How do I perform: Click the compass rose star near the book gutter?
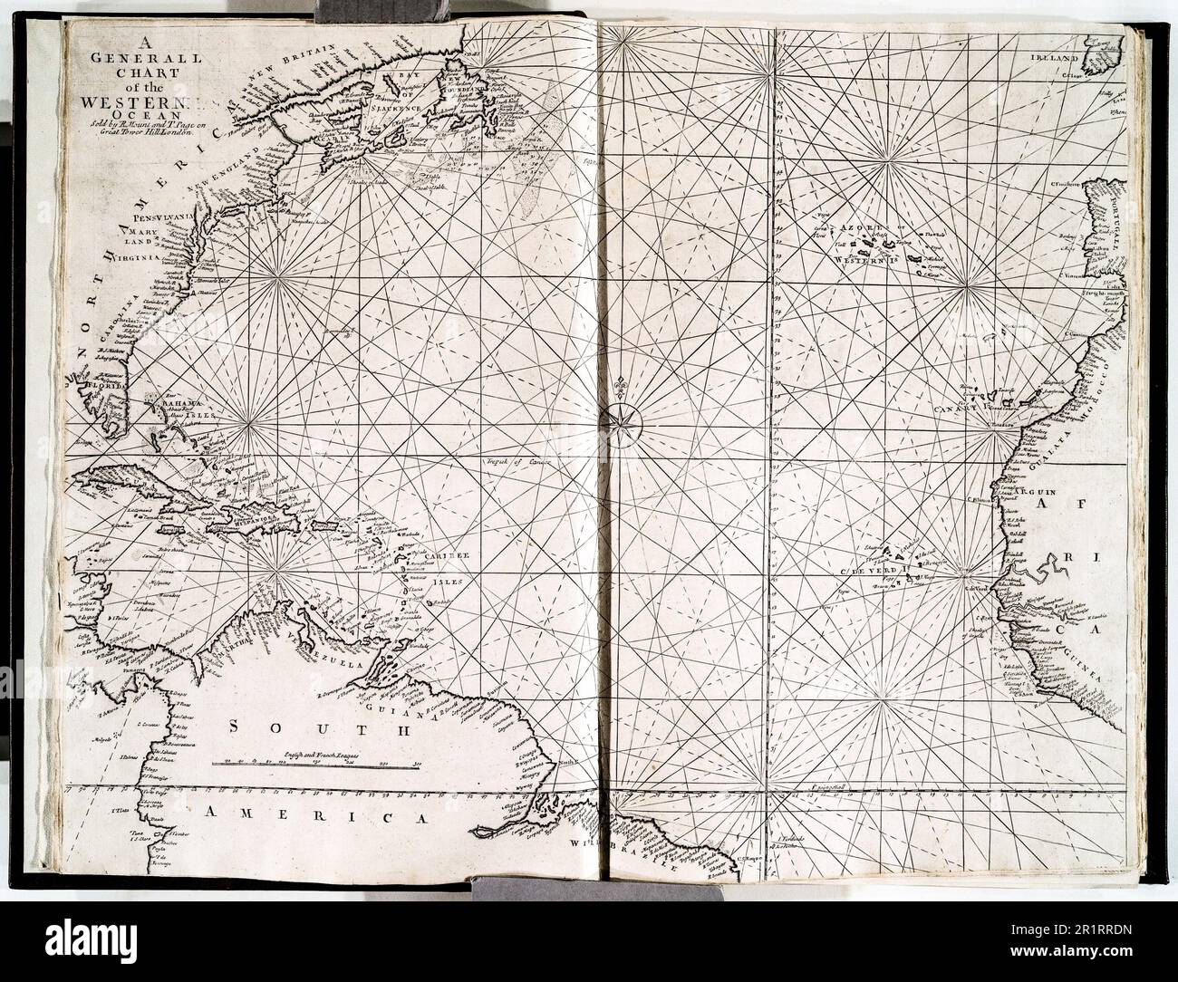point(621,418)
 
